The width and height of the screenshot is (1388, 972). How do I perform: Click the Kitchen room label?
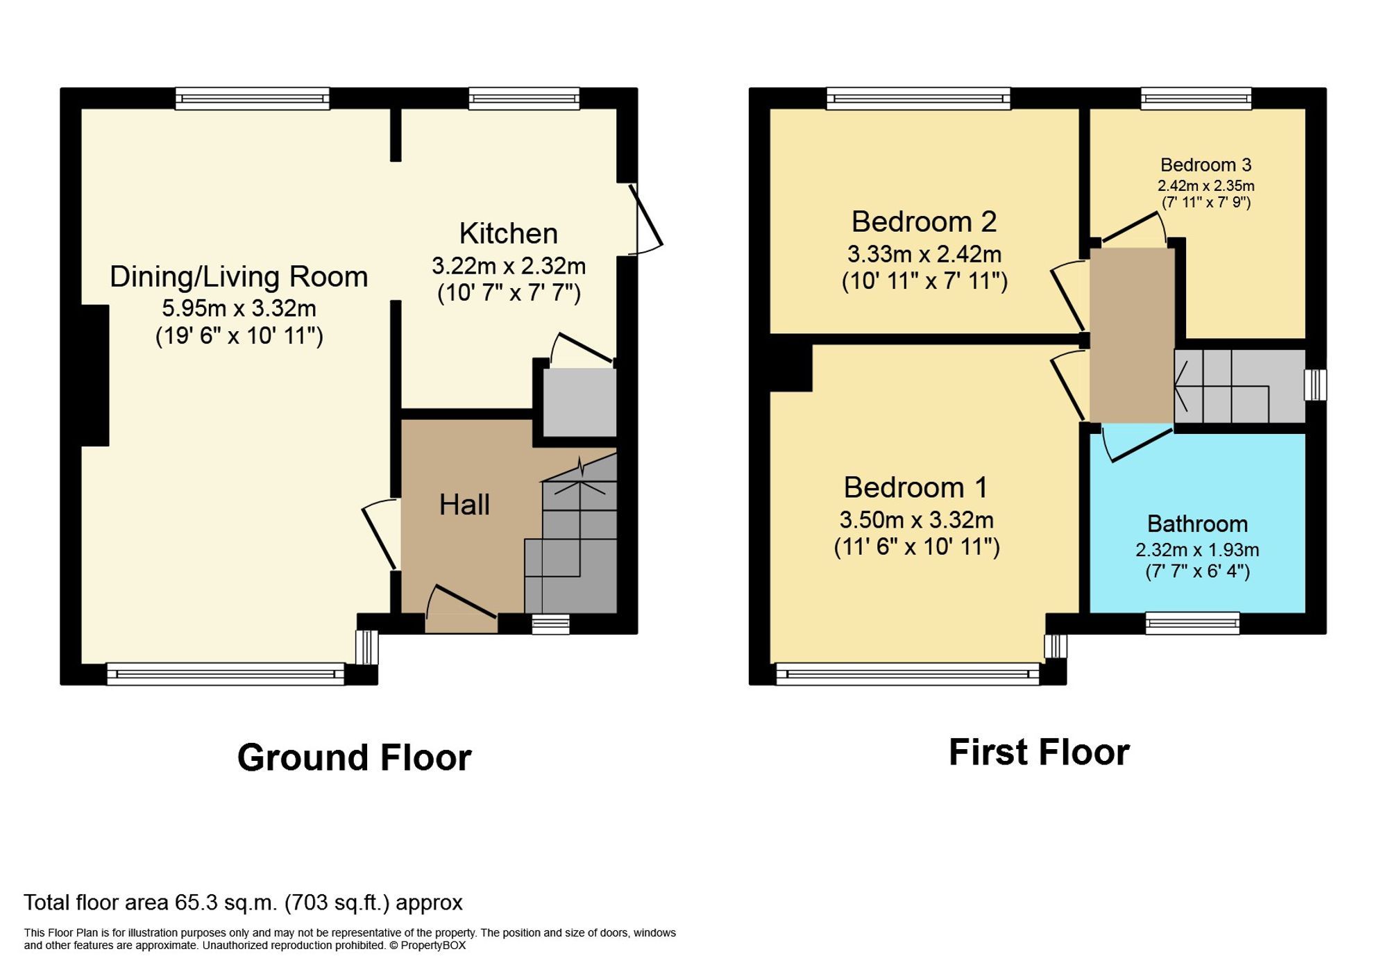(x=508, y=233)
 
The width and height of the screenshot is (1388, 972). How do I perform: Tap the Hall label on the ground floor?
(x=464, y=505)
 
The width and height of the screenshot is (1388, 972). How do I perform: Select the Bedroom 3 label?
(x=1205, y=165)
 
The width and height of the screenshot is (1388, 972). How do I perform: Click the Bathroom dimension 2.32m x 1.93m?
(x=1196, y=550)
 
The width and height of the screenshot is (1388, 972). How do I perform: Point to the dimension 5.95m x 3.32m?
(x=239, y=308)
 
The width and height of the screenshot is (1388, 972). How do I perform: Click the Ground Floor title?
(x=354, y=757)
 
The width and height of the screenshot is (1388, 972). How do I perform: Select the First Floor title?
(x=1039, y=753)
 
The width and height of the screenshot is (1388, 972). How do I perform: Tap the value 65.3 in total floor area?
(x=192, y=903)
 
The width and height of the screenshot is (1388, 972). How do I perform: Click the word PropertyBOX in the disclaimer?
(x=433, y=946)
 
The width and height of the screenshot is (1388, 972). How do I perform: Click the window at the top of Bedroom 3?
(x=1196, y=99)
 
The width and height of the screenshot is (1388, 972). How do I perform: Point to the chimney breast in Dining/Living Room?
(x=95, y=375)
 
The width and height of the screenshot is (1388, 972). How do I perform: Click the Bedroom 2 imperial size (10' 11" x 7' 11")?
(x=924, y=281)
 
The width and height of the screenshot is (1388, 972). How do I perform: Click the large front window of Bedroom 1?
(x=907, y=673)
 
